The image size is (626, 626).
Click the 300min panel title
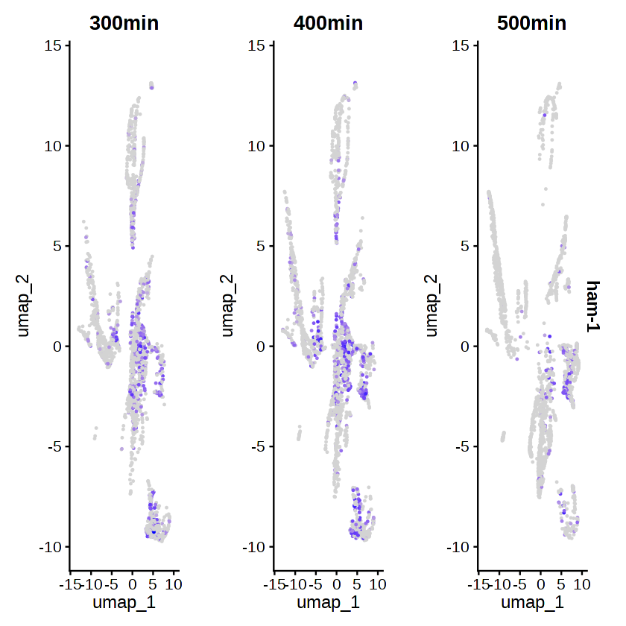pyautogui.click(x=124, y=23)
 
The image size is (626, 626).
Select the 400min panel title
pyautogui.click(x=328, y=23)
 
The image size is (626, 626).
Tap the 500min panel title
pyautogui.click(x=531, y=23)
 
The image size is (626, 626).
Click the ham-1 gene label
pyautogui.click(x=593, y=306)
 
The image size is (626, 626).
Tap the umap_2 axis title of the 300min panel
pyautogui.click(x=26, y=306)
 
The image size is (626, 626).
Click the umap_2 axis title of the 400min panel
pyautogui.click(x=230, y=306)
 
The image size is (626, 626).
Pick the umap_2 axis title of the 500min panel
pyautogui.click(x=434, y=306)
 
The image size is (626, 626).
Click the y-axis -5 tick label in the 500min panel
pyautogui.click(x=464, y=447)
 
